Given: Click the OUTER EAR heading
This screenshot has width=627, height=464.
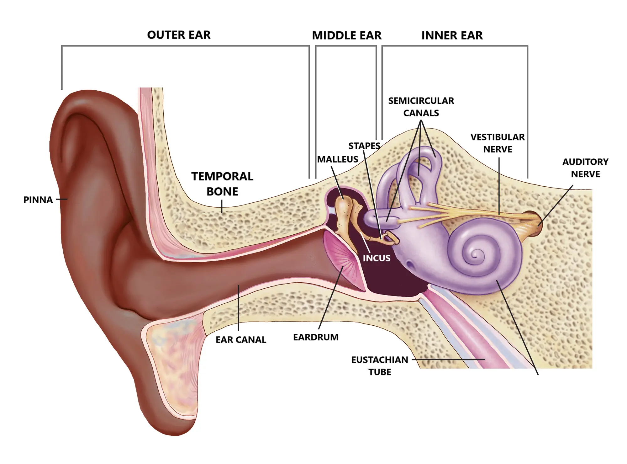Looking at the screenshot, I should point(179,35).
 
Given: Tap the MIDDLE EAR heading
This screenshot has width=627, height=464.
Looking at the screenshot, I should point(347,35).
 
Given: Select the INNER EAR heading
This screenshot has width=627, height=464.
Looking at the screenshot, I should point(452,35).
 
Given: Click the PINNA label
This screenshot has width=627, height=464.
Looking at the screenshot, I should point(38,200).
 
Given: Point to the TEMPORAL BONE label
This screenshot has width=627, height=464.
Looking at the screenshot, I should point(222,184).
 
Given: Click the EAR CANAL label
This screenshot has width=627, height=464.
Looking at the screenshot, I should point(241,340).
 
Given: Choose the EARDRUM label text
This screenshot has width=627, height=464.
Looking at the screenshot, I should point(316,337).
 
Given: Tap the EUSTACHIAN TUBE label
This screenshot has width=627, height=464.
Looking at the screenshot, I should point(380,366).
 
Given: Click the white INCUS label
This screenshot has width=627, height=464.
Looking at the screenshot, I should point(377,258).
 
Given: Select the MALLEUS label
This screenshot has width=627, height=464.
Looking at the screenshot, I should point(338,159).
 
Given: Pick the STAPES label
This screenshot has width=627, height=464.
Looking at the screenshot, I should point(364,146).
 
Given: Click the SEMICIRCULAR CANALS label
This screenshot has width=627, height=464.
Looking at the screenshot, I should point(421,107).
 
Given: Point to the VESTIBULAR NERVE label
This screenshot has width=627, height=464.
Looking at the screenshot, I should point(498,143).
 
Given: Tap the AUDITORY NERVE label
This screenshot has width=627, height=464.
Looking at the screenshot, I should point(585,168).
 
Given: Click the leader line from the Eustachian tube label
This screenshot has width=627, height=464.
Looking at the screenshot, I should point(448,360).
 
